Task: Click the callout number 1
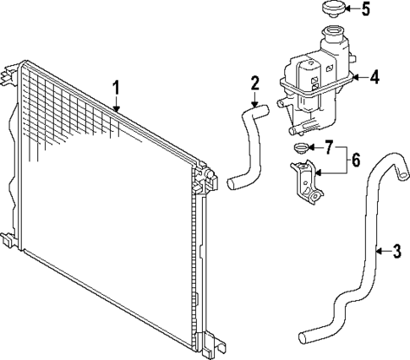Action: [118, 86]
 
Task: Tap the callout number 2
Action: [254, 83]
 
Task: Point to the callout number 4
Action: [375, 77]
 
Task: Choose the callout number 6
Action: [356, 158]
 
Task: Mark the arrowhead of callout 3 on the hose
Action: [374, 250]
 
